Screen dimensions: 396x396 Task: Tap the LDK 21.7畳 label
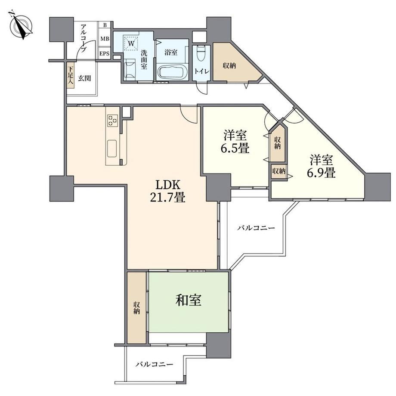pos(168,192)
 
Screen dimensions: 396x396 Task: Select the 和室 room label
pos(189,300)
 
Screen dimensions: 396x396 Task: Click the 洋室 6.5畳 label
pos(235,142)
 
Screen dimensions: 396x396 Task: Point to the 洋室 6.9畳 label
pos(321,166)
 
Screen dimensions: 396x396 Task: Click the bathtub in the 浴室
pos(172,71)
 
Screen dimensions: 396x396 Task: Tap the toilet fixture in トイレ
pos(201,53)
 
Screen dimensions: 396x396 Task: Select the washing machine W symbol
pos(131,43)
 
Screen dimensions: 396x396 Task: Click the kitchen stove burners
pos(112,120)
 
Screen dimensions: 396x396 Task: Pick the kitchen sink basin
pos(112,148)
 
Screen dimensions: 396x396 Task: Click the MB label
pos(105,39)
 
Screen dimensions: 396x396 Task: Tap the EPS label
pos(105,53)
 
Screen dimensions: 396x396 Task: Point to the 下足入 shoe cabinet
pos(71,75)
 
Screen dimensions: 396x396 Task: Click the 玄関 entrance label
pos(84,78)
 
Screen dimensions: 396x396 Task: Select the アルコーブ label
pos(84,37)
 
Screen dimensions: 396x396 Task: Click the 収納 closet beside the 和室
pos(136,308)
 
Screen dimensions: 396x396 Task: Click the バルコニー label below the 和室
pos(154,364)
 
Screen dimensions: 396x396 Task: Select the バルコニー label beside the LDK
pos(256,228)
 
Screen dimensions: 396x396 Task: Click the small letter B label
pos(105,25)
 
